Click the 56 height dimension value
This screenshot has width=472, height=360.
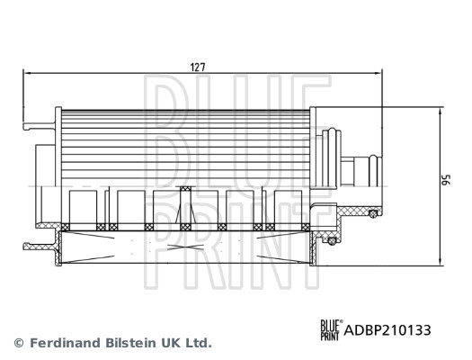(x=444, y=180)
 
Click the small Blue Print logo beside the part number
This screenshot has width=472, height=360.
(x=331, y=330)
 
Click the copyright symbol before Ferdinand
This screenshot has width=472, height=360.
(x=19, y=343)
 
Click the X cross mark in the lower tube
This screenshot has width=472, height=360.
(x=184, y=245)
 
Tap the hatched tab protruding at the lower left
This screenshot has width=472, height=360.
(x=40, y=243)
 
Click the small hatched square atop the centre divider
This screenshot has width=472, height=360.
(x=185, y=189)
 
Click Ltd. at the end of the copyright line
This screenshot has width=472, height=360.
(x=198, y=343)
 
